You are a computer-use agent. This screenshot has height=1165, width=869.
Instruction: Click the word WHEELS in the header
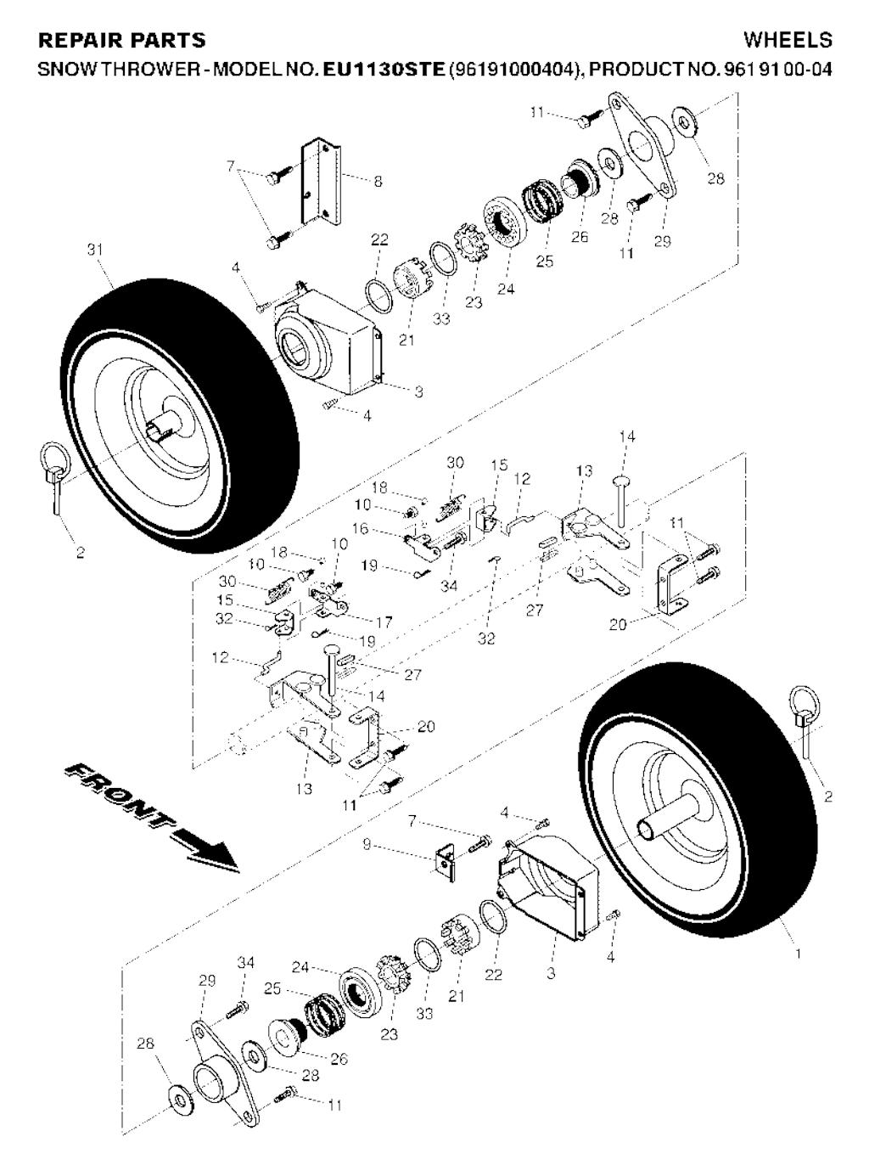point(787,40)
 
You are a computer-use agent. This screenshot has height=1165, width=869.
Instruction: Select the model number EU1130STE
point(384,67)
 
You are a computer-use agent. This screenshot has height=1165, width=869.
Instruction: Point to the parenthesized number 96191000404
point(513,67)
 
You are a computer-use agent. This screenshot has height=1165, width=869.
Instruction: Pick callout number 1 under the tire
point(798,954)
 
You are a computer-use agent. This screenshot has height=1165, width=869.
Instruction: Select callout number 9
point(366,845)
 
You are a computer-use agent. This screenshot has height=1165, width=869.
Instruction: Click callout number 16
point(360,529)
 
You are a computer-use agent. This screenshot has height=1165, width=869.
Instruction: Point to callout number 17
point(384,622)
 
